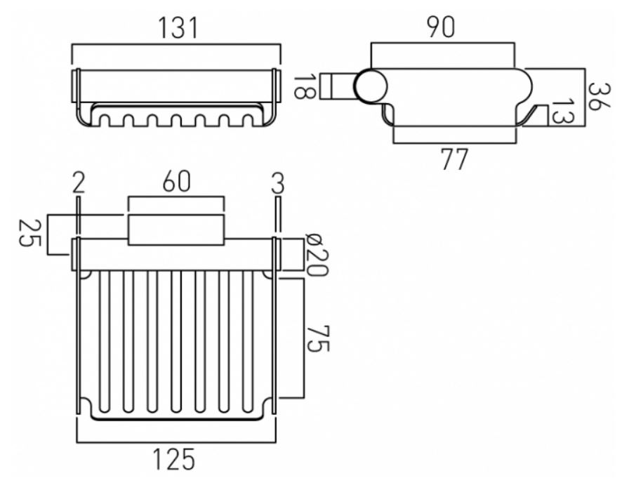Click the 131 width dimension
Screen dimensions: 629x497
pyautogui.click(x=178, y=28)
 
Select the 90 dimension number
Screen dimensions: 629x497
pyautogui.click(x=440, y=27)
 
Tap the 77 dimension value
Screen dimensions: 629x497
pyautogui.click(x=454, y=159)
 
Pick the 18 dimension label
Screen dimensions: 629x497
pyautogui.click(x=305, y=86)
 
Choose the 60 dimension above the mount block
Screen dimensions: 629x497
pyautogui.click(x=176, y=181)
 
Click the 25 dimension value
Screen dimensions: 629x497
pyautogui.click(x=30, y=233)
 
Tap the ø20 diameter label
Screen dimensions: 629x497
pyautogui.click(x=317, y=255)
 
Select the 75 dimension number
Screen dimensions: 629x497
pyautogui.click(x=318, y=338)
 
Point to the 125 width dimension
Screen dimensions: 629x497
pyautogui.click(x=173, y=459)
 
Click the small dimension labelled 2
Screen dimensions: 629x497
pyautogui.click(x=79, y=183)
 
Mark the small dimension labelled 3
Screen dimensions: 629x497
pyautogui.click(x=277, y=183)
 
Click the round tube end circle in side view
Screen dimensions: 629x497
pyautogui.click(x=370, y=86)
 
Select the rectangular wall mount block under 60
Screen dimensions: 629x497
pyautogui.click(x=176, y=230)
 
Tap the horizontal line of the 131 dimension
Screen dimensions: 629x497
pyautogui.click(x=176, y=44)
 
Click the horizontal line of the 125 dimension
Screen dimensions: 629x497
pyautogui.click(x=176, y=442)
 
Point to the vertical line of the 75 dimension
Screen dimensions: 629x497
pyautogui.click(x=304, y=338)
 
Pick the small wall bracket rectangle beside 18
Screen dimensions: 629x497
pyautogui.click(x=338, y=86)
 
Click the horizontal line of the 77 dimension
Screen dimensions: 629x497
pyautogui.click(x=455, y=143)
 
